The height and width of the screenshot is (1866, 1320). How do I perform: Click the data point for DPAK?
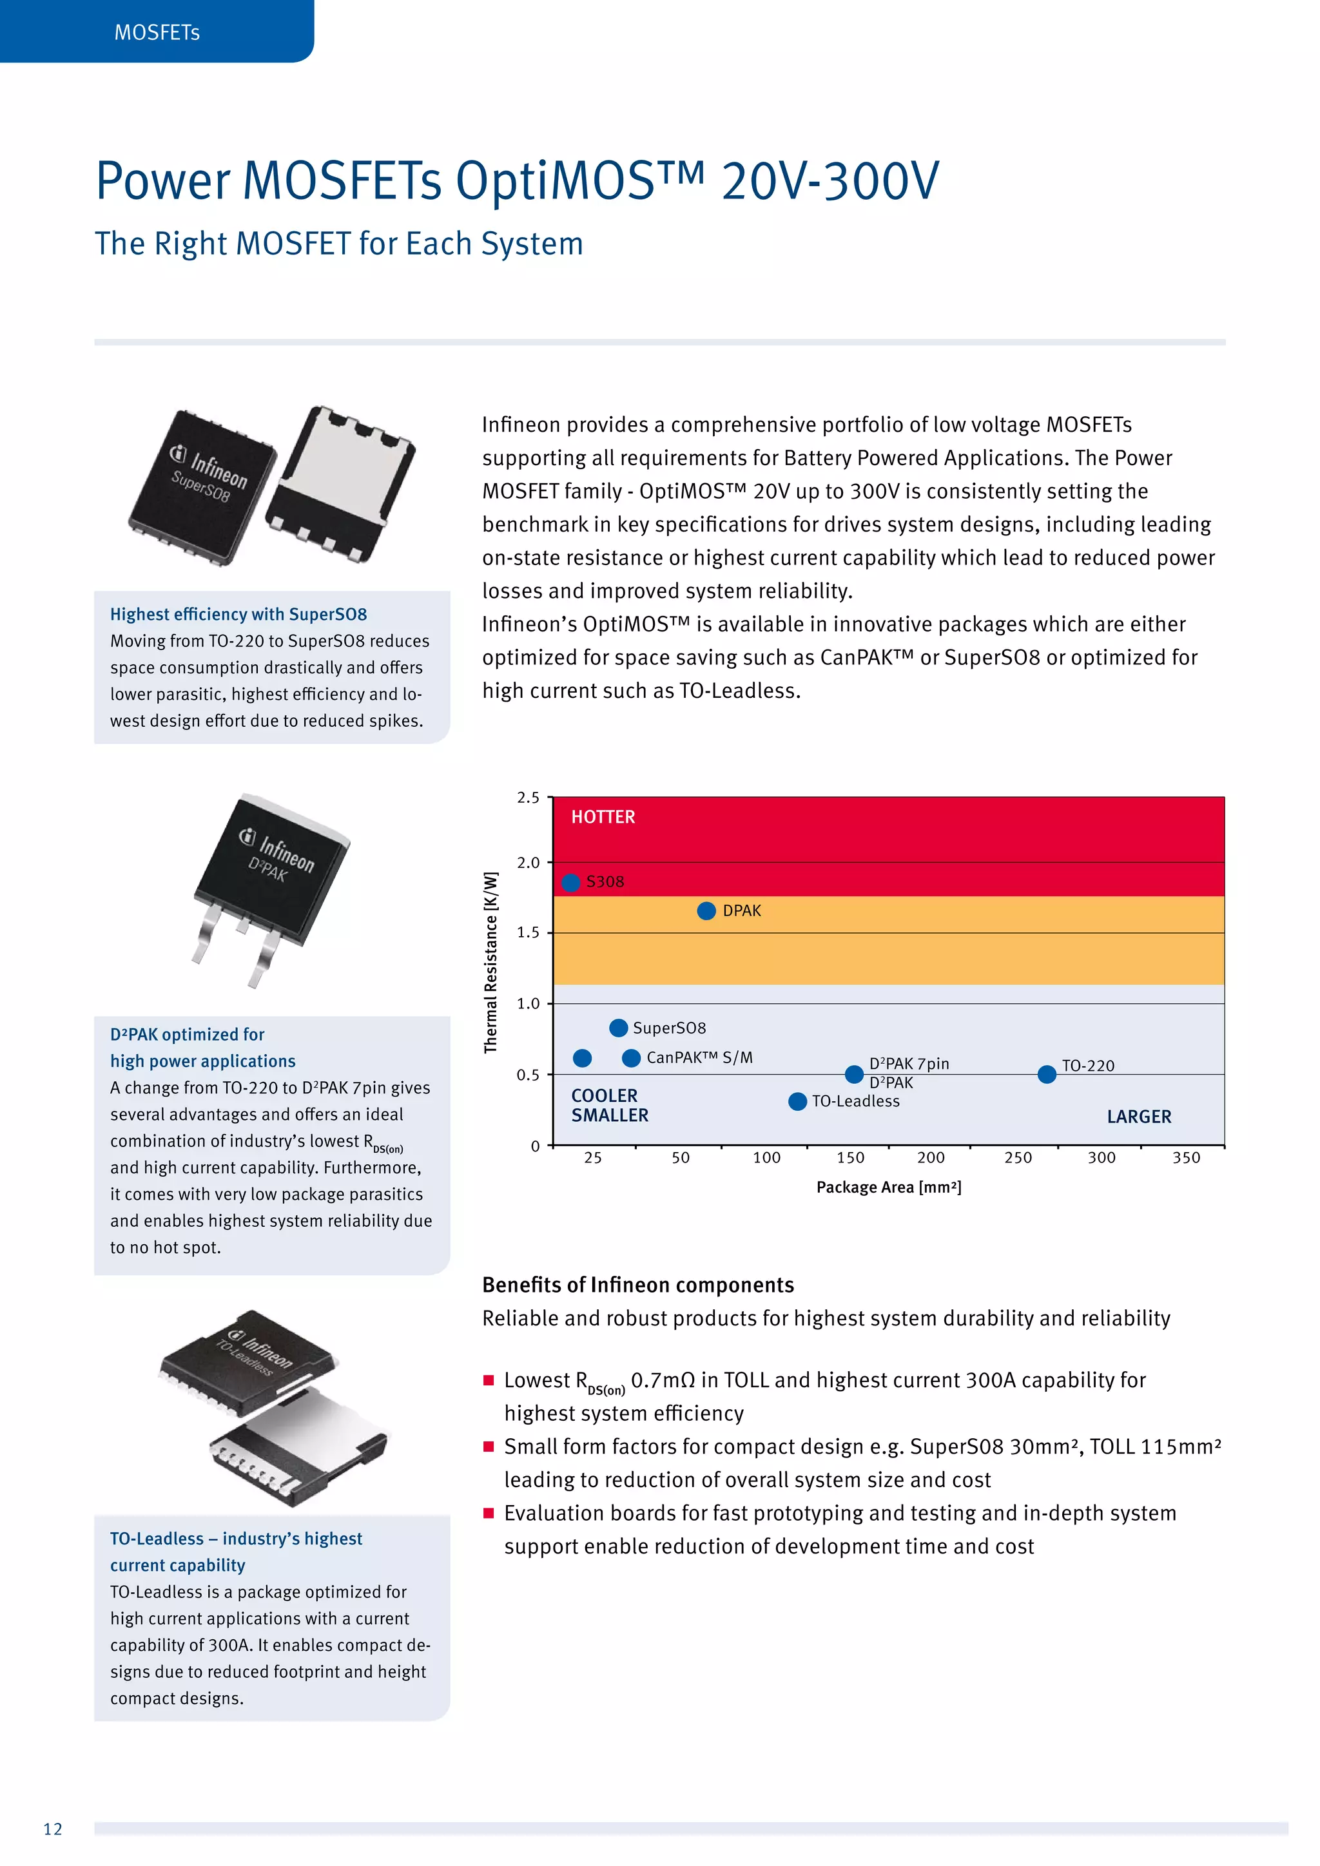[706, 911]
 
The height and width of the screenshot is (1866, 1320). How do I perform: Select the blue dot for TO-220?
[1047, 1074]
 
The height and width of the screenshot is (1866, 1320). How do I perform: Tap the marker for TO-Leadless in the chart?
[797, 1101]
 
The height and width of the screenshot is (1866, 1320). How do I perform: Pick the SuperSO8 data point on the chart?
[619, 1028]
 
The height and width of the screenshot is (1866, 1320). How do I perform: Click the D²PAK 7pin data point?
[854, 1074]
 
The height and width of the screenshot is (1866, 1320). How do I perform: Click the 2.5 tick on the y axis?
[529, 798]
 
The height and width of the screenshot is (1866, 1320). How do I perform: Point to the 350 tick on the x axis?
[1186, 1158]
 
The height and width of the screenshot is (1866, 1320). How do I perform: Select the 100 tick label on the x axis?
[766, 1158]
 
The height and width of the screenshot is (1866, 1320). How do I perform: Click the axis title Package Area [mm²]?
[888, 1188]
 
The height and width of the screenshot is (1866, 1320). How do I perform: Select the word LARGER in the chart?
[1139, 1117]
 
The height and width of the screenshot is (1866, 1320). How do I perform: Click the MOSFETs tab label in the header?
[157, 32]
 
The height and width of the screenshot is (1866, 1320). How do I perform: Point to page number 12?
[53, 1829]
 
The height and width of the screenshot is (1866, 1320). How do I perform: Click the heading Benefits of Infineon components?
[637, 1285]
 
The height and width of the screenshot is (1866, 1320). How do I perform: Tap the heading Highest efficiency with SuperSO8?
[238, 615]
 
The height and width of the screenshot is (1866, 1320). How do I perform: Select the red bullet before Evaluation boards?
[489, 1514]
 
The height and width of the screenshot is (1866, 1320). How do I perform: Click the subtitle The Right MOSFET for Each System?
[339, 244]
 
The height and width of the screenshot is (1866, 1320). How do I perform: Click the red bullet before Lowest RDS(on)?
[489, 1380]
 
